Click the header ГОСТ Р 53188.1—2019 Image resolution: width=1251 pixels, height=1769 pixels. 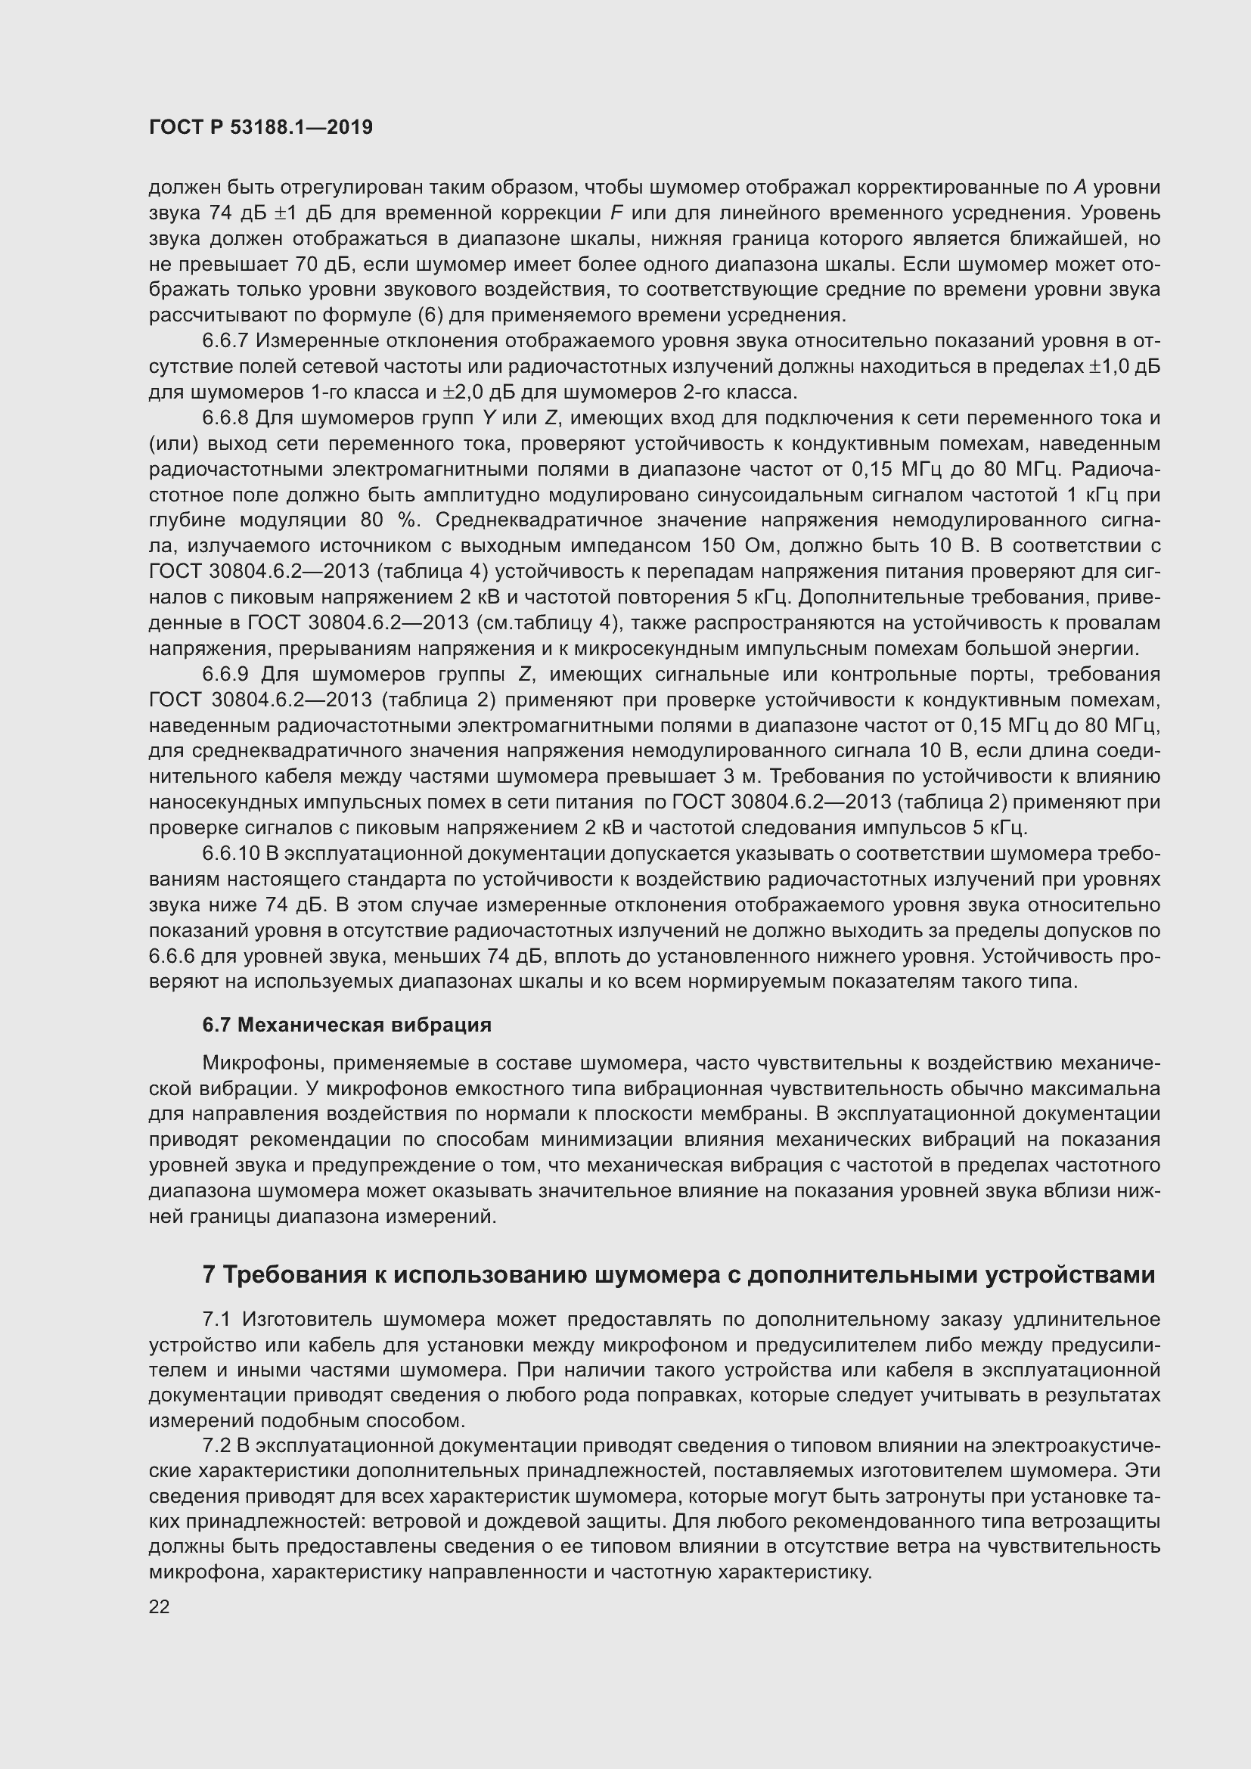260,128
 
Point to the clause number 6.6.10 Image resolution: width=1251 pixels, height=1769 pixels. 231,854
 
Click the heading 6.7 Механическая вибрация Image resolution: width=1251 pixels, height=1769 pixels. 346,1025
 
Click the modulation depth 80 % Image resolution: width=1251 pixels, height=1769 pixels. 390,521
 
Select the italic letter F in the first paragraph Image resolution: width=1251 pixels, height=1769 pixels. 616,213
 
